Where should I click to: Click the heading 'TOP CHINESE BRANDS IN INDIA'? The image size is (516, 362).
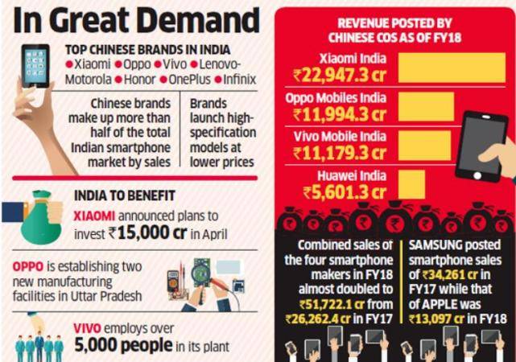coord(150,49)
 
